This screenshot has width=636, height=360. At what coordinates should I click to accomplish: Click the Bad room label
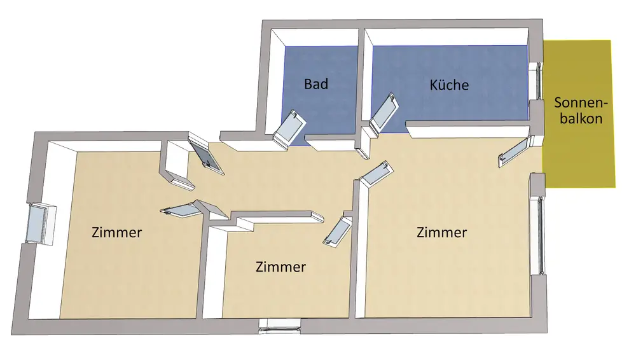coord(316,83)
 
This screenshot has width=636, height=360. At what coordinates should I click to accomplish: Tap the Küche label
coord(449,85)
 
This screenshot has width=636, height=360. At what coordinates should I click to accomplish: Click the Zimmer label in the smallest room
coord(280,267)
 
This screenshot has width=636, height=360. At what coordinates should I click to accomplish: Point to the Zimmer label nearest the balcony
coord(441,233)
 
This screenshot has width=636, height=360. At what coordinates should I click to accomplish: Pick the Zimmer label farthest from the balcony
coord(116,232)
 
